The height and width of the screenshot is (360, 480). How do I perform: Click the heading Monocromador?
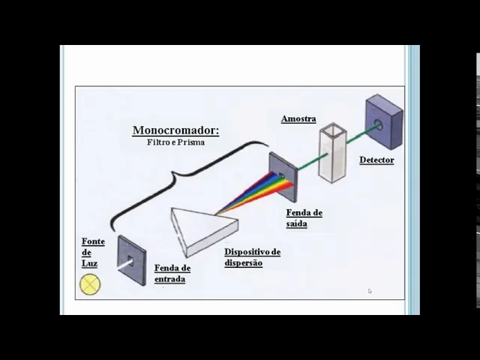pos(175,130)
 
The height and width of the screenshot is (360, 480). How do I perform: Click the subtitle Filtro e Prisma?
pos(175,142)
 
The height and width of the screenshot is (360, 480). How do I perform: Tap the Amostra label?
pos(298,118)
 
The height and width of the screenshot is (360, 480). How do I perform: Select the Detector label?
pos(376,160)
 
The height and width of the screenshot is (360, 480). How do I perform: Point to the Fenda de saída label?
pos(304,218)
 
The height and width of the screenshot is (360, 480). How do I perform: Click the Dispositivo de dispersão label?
pos(252,257)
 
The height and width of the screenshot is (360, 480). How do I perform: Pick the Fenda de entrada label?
pos(172,274)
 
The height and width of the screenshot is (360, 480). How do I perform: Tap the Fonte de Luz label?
pos(93,253)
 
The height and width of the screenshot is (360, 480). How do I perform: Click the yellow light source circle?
pos(90,284)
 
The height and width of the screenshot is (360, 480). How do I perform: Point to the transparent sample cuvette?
pos(333,153)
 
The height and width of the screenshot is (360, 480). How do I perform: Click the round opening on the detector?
pos(378,124)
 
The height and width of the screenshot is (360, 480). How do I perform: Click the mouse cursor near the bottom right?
pos(370,291)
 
